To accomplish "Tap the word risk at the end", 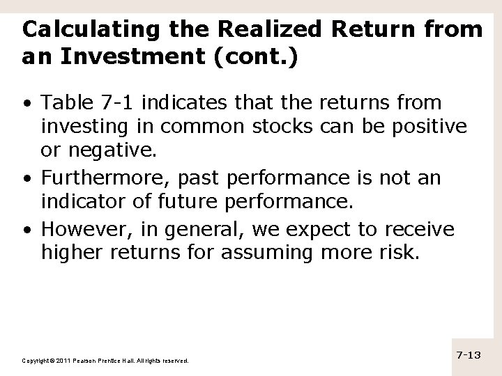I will click(x=401, y=253).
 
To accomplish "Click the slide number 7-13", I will click(x=469, y=354).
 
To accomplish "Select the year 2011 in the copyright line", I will click(x=59, y=361).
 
